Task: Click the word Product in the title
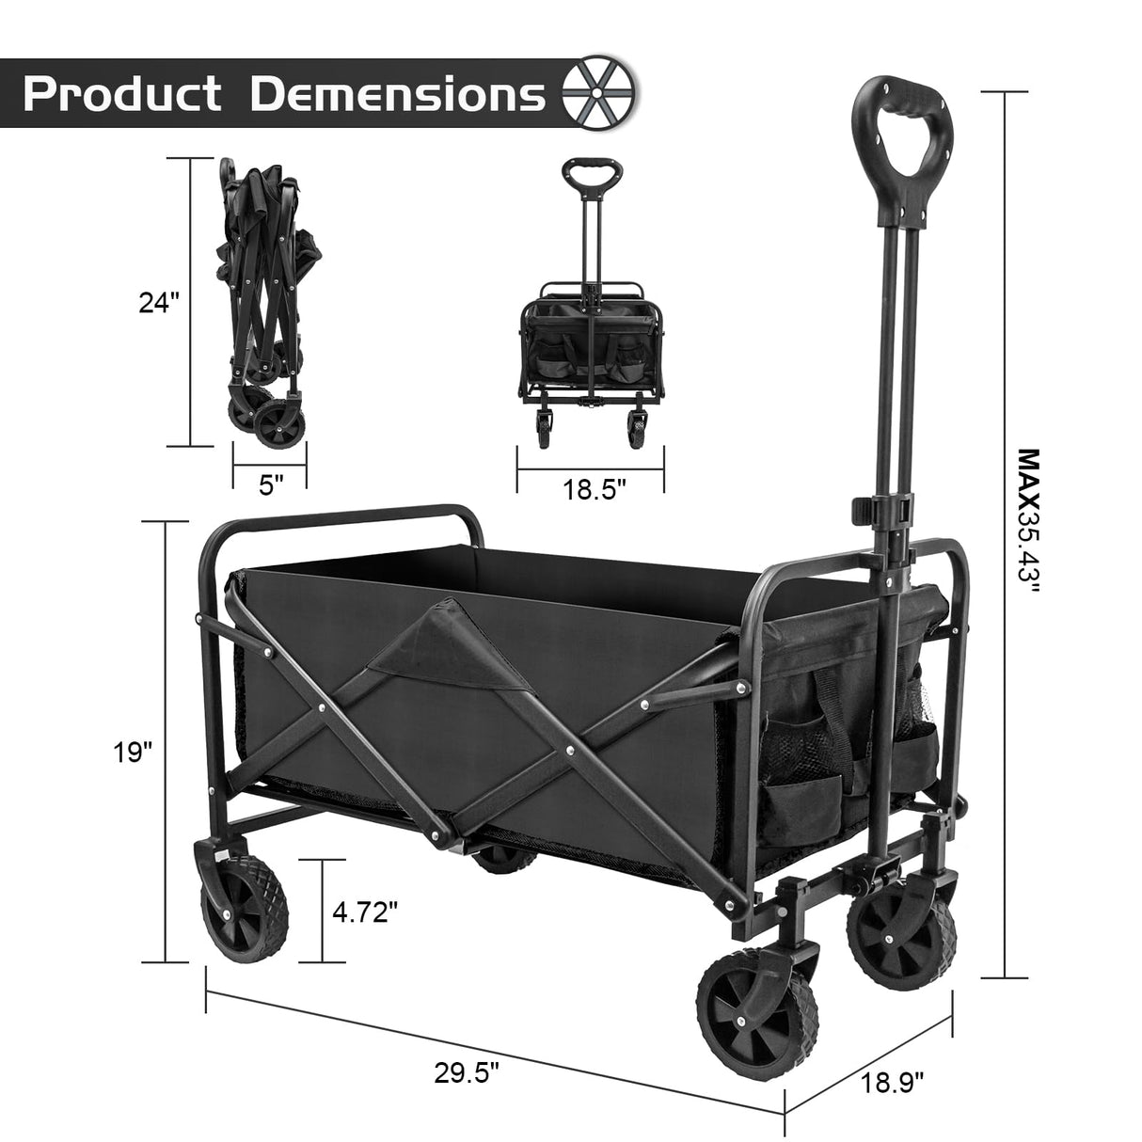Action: [x=123, y=94]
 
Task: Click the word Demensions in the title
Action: [x=398, y=94]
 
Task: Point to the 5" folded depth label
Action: [x=271, y=486]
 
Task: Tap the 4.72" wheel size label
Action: [x=365, y=911]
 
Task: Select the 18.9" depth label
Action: [x=891, y=1084]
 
